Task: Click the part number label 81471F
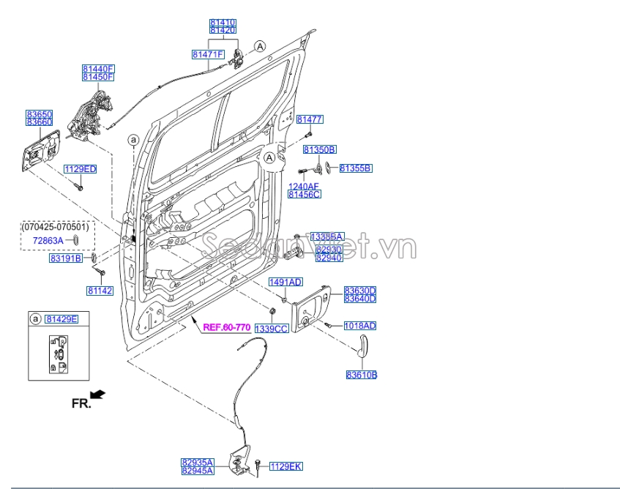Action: click(208, 54)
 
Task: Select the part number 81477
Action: click(310, 119)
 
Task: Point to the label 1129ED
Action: click(80, 169)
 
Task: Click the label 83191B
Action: click(66, 258)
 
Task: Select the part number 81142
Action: click(100, 291)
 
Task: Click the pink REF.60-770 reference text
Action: click(227, 327)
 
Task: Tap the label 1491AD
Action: click(285, 282)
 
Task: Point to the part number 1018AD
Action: click(359, 325)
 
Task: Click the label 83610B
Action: click(362, 376)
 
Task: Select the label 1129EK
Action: click(285, 466)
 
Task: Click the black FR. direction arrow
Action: click(97, 395)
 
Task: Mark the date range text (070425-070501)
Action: click(55, 227)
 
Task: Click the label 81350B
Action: click(319, 149)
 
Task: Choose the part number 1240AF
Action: click(304, 187)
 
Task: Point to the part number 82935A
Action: click(198, 462)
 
